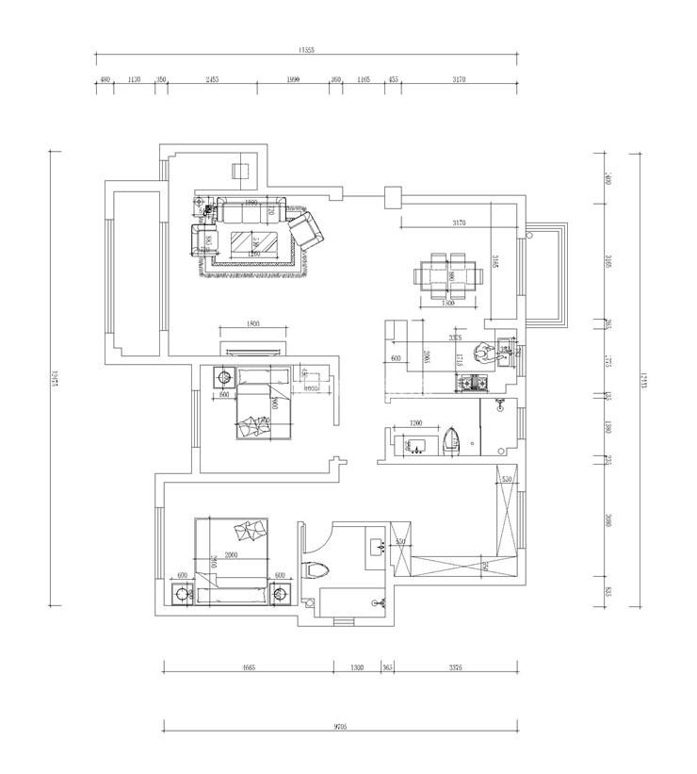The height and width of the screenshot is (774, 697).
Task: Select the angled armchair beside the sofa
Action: [x=307, y=230]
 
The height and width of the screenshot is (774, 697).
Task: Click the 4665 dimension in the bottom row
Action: [x=249, y=667]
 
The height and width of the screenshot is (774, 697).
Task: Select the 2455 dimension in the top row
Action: [x=212, y=80]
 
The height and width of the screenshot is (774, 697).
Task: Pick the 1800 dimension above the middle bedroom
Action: [x=252, y=323]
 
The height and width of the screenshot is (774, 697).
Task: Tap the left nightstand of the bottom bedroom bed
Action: [x=181, y=594]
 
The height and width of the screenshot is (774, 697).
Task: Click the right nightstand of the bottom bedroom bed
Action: [x=280, y=593]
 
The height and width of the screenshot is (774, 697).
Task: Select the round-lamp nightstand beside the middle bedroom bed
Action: [x=224, y=377]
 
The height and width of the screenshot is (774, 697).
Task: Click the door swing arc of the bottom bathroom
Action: [x=311, y=540]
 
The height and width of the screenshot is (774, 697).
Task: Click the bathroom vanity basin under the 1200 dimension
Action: [x=414, y=443]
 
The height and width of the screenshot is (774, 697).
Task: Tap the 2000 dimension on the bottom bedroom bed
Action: [x=231, y=556]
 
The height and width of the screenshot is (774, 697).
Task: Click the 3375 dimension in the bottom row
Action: [x=456, y=667]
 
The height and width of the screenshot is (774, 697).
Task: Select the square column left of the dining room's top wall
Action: [x=393, y=197]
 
